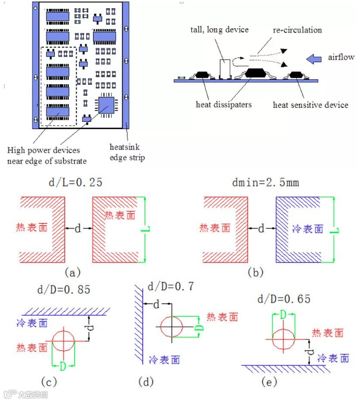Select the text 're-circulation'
297,30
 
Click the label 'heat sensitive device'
310,105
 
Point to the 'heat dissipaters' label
224,105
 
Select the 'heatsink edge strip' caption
127,152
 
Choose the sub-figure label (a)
72,272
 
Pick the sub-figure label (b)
256,272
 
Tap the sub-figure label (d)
146,382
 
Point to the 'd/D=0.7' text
171,286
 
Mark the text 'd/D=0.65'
284,299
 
